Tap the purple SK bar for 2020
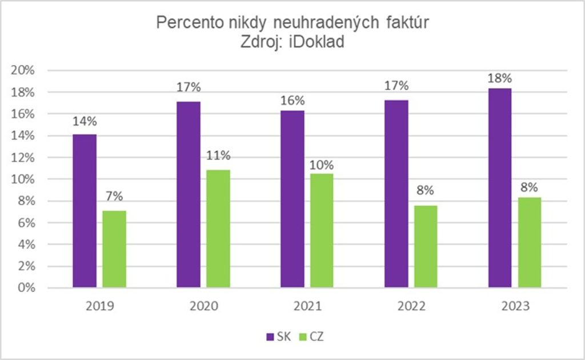coord(189,194)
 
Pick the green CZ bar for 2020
coord(218,229)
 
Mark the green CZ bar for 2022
coord(426,246)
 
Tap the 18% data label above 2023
coord(500,78)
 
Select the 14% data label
coord(85,122)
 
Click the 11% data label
coord(218,155)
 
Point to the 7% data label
coord(114,197)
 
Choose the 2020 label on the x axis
coord(203,306)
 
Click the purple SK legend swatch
coord(270,337)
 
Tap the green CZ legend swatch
coord(304,337)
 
